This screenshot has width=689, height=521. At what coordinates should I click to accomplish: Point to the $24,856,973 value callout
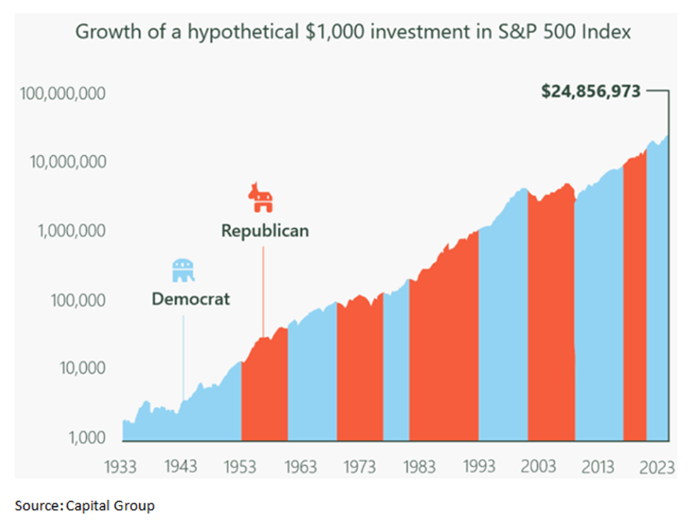coord(591,91)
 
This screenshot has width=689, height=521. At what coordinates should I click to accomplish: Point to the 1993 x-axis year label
coord(480,467)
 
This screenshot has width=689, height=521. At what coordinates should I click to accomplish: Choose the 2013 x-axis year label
coord(599,467)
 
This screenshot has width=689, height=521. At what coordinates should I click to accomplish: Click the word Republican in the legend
coord(265,231)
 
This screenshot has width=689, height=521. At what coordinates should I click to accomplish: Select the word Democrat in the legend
coord(191,299)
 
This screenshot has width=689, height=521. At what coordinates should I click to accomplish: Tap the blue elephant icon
coord(184,270)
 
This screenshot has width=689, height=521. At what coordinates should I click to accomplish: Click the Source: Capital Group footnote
coord(85,505)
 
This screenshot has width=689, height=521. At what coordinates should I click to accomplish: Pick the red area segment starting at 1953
coord(265,395)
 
